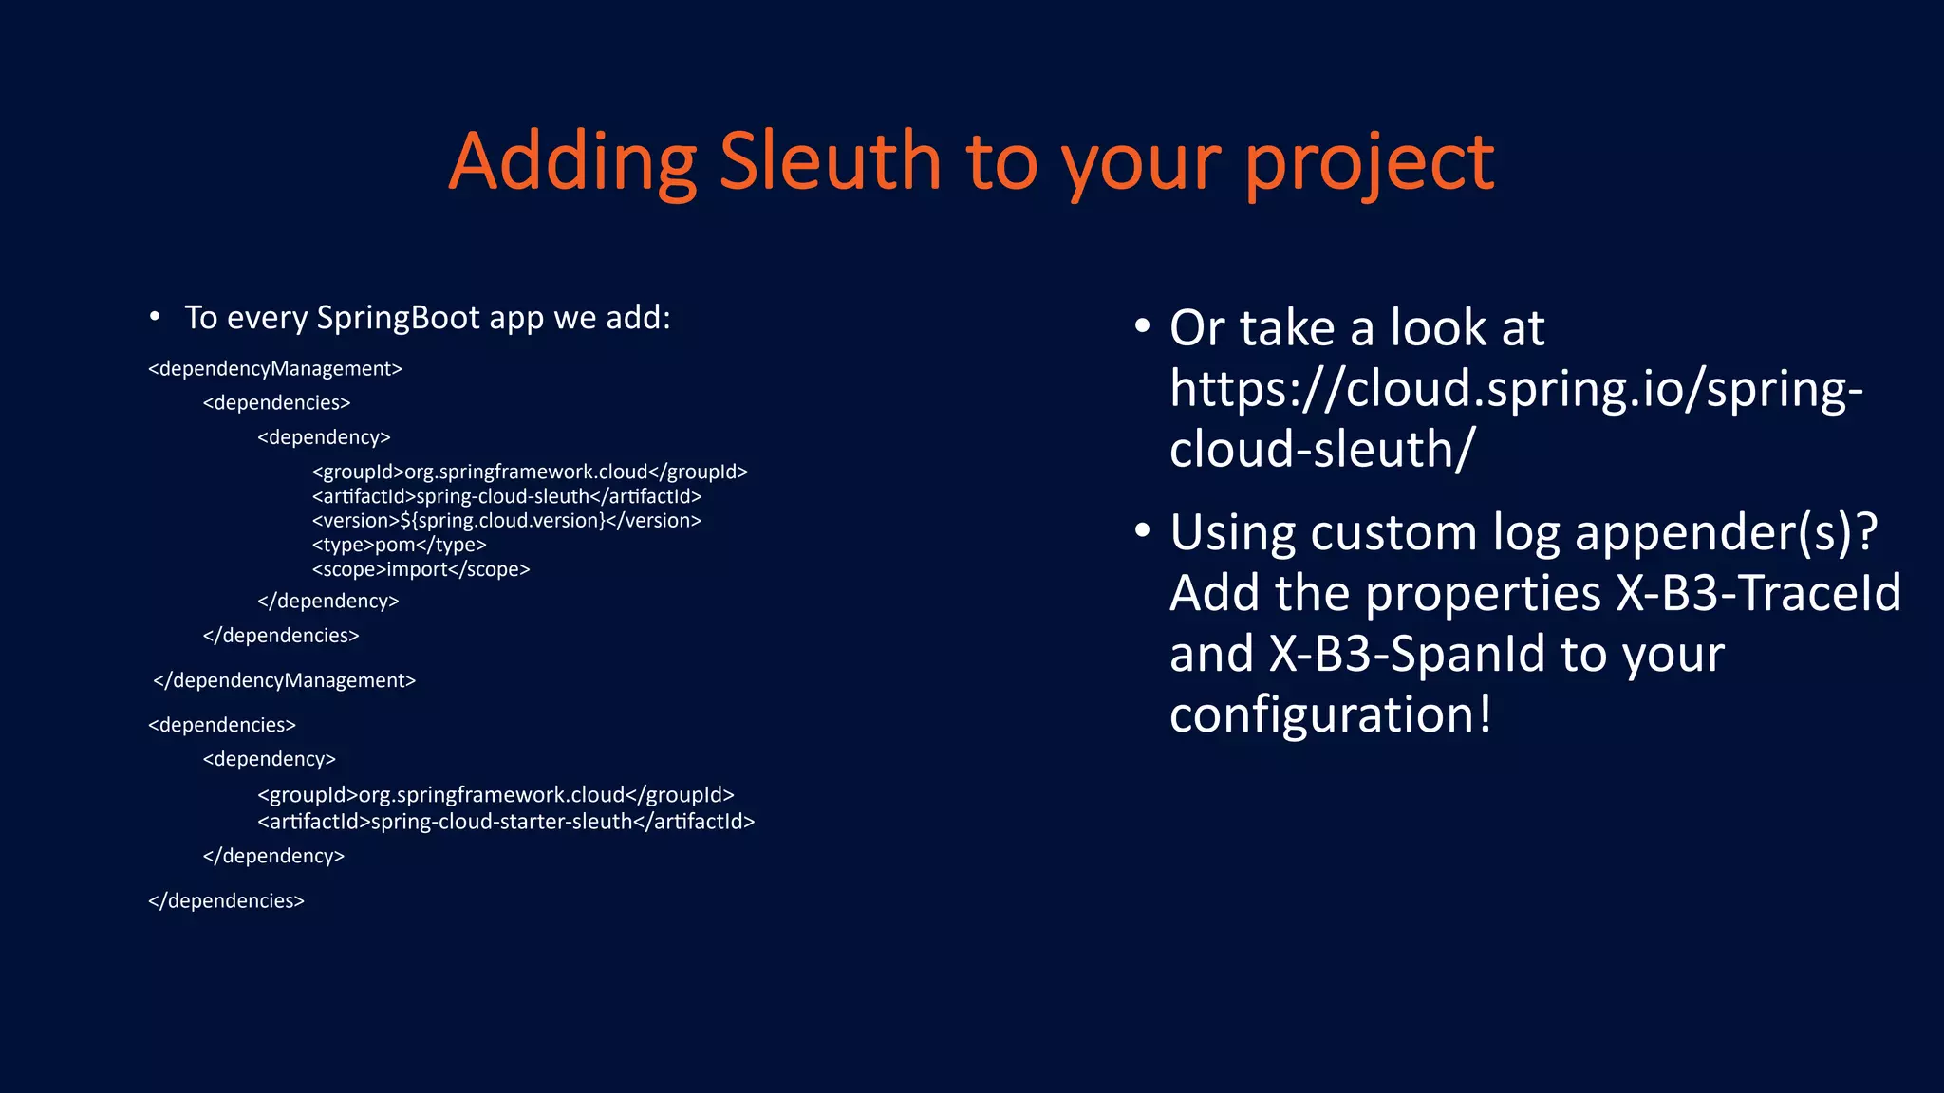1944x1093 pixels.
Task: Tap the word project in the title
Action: pyautogui.click(x=1369, y=163)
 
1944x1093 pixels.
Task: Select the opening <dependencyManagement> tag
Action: pyautogui.click(x=275, y=368)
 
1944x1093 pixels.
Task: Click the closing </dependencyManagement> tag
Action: pyautogui.click(x=284, y=680)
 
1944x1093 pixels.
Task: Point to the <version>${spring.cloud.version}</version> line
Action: pyautogui.click(x=506, y=521)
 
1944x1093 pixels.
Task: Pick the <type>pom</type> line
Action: pyautogui.click(x=399, y=545)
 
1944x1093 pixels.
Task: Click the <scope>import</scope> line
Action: pyautogui.click(x=421, y=569)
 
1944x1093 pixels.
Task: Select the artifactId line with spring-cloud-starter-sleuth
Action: pyautogui.click(x=506, y=822)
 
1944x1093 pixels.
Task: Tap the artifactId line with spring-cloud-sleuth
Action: pyautogui.click(x=506, y=496)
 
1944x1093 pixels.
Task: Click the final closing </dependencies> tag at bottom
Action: pyautogui.click(x=226, y=900)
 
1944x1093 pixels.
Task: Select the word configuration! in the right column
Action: pyautogui.click(x=1330, y=714)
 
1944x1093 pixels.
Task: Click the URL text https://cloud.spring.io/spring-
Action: pyautogui.click(x=1516, y=389)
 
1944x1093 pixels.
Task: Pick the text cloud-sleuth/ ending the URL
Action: pyautogui.click(x=1322, y=449)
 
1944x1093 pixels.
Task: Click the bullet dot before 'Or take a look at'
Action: pyautogui.click(x=1143, y=326)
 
